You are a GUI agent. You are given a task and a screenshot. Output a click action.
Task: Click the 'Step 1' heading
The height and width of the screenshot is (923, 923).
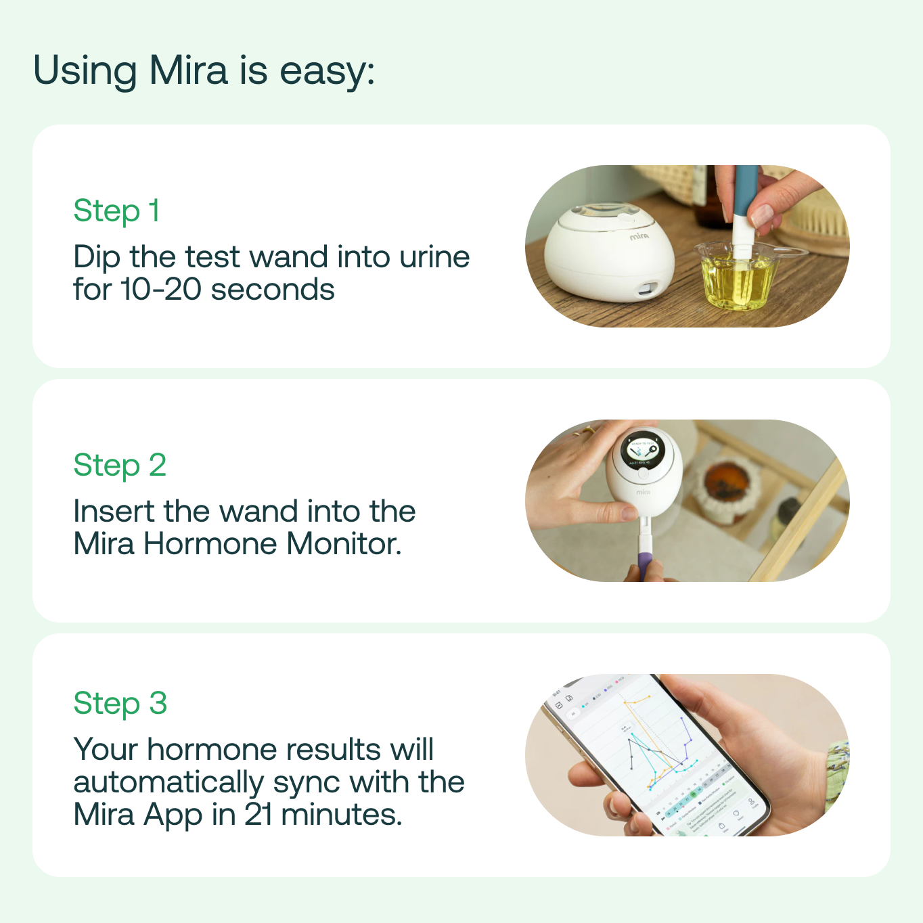coord(116,211)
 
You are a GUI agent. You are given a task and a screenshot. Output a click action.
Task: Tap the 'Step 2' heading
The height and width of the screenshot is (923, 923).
coord(120,466)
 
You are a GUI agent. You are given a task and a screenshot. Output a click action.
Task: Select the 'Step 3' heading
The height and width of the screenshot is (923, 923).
coord(120,704)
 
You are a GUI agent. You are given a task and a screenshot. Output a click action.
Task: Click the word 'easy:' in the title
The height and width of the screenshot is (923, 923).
coord(328,71)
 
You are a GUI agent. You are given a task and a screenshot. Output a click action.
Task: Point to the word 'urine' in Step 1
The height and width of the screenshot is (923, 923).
coord(434,257)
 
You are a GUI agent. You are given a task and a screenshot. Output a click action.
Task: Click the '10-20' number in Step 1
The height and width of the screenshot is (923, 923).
coord(161,290)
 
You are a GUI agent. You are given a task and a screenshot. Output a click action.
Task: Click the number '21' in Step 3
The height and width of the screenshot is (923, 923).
coord(258,815)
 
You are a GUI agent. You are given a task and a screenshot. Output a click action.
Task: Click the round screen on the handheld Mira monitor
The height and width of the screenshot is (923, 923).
coord(643,450)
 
